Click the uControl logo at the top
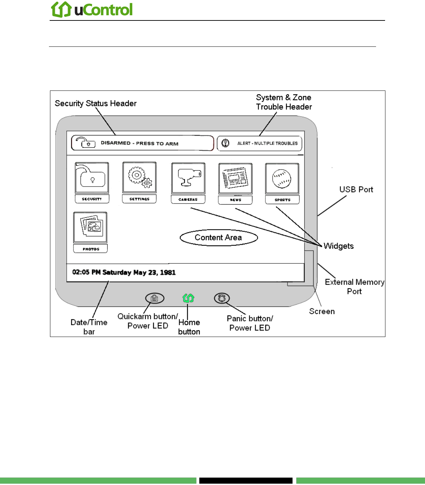(92, 9)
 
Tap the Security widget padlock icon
(92, 177)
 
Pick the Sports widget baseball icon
(282, 179)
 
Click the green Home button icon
(189, 298)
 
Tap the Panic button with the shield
(222, 298)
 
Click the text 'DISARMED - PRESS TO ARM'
(140, 144)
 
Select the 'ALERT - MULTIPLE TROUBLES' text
(267, 143)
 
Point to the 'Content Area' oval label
(219, 237)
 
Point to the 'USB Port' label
(356, 189)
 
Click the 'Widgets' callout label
(339, 246)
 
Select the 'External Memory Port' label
(355, 287)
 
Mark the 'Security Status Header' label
(95, 103)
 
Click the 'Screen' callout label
(322, 311)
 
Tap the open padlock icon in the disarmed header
(86, 142)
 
